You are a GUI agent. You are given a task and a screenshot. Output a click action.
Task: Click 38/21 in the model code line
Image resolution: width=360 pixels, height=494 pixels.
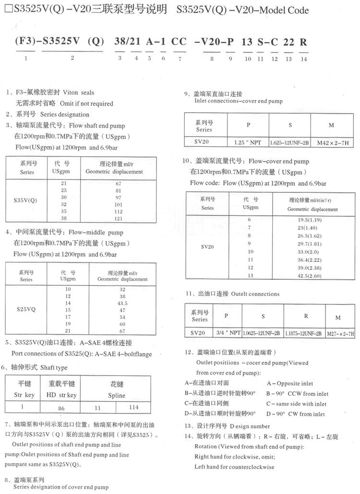[x=127, y=42]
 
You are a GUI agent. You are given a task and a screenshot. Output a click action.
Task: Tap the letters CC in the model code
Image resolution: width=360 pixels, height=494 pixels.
[x=179, y=42]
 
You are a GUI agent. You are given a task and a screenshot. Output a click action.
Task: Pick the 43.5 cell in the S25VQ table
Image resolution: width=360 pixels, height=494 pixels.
[x=122, y=303]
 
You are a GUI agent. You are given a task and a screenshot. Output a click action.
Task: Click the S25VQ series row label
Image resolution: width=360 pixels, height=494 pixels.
[x=26, y=309]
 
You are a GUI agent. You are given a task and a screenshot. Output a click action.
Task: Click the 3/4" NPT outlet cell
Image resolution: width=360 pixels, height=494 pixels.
[x=226, y=333]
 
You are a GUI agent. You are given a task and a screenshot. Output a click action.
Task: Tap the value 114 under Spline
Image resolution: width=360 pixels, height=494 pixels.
[x=133, y=407]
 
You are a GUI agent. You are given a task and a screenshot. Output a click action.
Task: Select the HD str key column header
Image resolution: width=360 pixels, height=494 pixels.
[x=62, y=395]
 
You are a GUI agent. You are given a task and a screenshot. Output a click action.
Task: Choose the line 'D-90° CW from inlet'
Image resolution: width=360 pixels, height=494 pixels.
[x=296, y=414]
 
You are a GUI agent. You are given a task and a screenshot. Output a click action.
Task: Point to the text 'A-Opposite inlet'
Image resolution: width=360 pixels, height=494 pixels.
[x=289, y=383]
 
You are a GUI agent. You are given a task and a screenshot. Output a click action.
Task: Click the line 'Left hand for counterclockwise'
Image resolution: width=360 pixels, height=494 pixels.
[x=234, y=467]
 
